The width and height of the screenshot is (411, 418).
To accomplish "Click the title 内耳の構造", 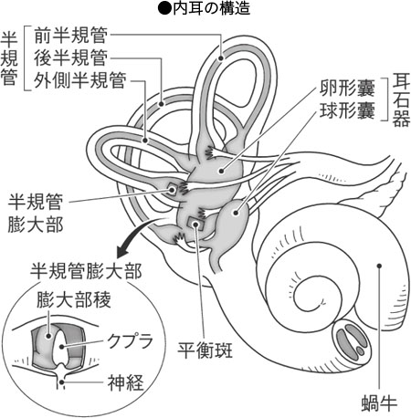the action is point(211,8).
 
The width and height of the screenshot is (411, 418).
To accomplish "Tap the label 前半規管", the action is point(70,36).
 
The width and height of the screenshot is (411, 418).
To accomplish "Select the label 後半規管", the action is point(70,57).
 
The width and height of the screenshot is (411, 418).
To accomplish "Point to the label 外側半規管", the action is point(80,80).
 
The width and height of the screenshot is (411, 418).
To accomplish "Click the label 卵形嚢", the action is point(347,88).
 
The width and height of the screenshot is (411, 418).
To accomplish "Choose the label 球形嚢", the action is point(347,110).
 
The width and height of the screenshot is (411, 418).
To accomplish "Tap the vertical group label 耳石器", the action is point(401,99).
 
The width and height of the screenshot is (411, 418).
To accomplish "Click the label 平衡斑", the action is point(205,350).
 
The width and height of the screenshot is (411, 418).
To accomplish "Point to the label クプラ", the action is point(130,341).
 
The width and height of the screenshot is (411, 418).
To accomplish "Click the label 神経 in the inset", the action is point(125,382).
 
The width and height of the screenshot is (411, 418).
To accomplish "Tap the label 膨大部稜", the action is point(74,299).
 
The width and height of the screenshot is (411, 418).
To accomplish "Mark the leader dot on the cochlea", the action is point(379,266).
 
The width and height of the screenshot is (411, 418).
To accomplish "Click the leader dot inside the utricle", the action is point(222,172).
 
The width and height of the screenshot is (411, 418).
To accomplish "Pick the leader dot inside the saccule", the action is point(236,213).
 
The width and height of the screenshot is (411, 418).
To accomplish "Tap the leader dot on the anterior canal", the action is point(221,57).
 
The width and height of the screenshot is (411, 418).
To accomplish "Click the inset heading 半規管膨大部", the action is point(86,271).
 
